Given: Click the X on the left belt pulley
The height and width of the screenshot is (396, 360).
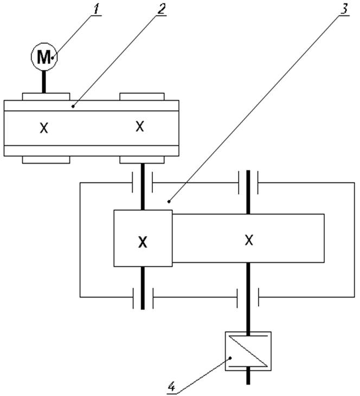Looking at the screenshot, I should [x=44, y=128].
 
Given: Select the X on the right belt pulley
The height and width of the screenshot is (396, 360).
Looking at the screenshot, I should [x=140, y=126].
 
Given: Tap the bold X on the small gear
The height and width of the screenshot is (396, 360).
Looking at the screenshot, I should [x=143, y=242].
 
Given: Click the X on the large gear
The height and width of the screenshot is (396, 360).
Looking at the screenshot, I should [x=249, y=239].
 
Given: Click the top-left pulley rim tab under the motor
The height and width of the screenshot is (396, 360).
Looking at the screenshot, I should [x=46, y=96].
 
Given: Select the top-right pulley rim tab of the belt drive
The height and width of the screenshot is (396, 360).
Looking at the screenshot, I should [x=142, y=96].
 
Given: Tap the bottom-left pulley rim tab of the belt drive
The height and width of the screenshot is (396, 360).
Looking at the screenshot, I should [x=46, y=159].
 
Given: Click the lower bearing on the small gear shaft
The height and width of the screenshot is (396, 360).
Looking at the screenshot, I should [x=143, y=297].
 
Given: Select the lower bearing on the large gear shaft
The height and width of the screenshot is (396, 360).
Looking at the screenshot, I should [x=248, y=297].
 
